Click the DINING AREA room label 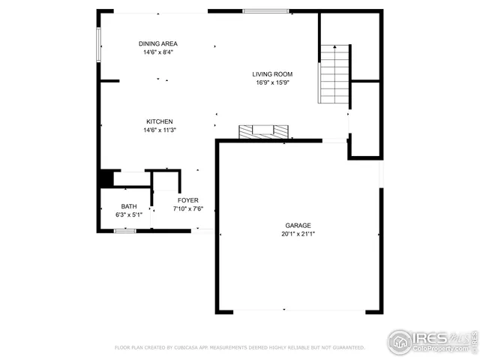pyautogui.click(x=157, y=43)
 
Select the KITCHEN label pyautogui.click(x=160, y=121)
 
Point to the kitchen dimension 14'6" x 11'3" pyautogui.click(x=160, y=130)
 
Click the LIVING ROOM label pyautogui.click(x=272, y=74)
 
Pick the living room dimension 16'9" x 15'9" pyautogui.click(x=272, y=83)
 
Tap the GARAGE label pyautogui.click(x=298, y=225)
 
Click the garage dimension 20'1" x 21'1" pyautogui.click(x=298, y=234)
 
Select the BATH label pyautogui.click(x=129, y=206)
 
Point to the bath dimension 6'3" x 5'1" pyautogui.click(x=129, y=215)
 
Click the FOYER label pyautogui.click(x=187, y=200)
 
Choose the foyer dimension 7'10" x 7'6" pyautogui.click(x=187, y=209)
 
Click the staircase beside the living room pyautogui.click(x=335, y=73)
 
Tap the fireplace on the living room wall pyautogui.click(x=263, y=132)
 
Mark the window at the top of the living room pyautogui.click(x=265, y=11)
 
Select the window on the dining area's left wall pyautogui.click(x=99, y=45)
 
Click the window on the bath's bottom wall pyautogui.click(x=124, y=231)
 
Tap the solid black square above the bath pyautogui.click(x=106, y=179)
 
